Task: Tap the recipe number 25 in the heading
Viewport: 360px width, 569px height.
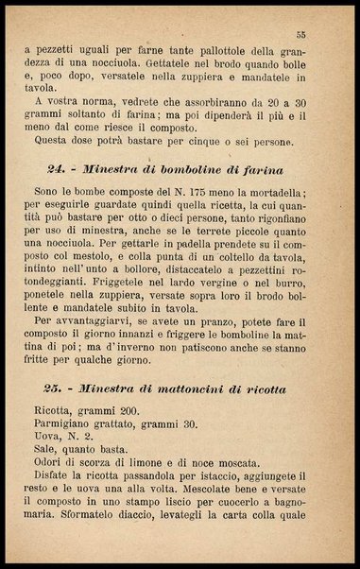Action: [55, 388]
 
